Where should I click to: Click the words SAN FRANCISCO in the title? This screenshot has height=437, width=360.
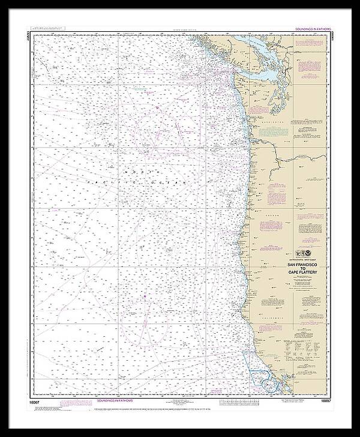click(302, 265)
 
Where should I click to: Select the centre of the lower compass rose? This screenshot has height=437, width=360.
click(145, 322)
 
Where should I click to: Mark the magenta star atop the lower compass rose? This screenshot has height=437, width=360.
click(145, 297)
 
